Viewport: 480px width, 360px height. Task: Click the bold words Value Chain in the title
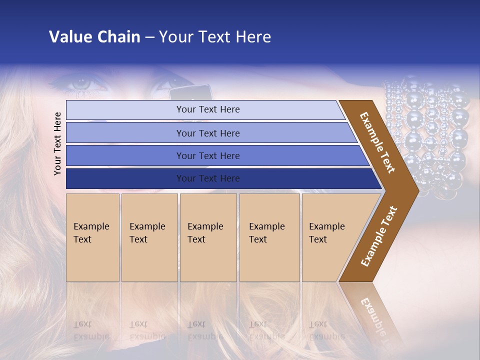tap(94, 37)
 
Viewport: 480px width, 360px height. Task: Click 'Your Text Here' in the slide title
tap(215, 37)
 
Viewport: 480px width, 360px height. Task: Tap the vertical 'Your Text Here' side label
tap(57, 143)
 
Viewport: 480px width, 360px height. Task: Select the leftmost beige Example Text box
tap(92, 237)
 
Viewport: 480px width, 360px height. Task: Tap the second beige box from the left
tap(149, 237)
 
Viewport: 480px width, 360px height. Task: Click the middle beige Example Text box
tap(208, 237)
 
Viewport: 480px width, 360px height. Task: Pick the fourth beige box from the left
tap(269, 237)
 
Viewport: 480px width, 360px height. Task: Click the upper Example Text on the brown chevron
tap(377, 142)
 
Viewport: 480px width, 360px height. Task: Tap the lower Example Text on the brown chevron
tap(379, 236)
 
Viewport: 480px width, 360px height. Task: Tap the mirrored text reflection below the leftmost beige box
tap(91, 330)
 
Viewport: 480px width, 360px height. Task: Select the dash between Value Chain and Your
tap(149, 37)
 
